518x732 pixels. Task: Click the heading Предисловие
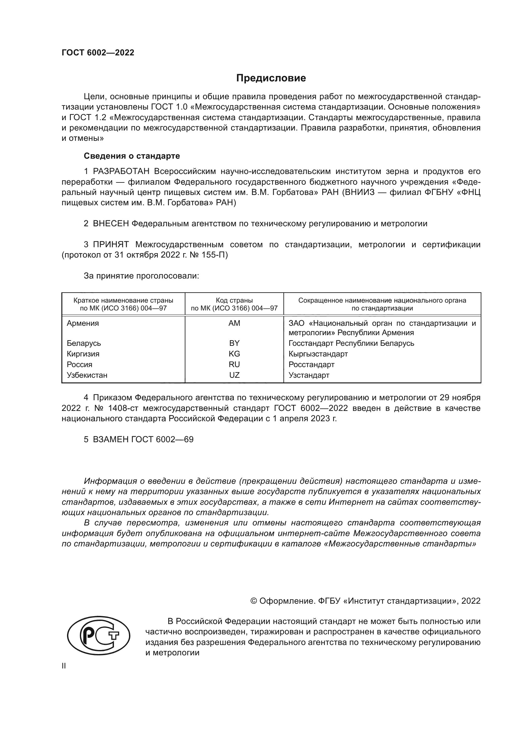(x=271, y=78)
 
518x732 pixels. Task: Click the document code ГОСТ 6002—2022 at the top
(x=98, y=53)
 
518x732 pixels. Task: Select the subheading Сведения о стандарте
(x=132, y=156)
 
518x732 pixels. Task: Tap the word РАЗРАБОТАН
(x=121, y=171)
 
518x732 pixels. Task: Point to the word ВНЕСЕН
(x=111, y=223)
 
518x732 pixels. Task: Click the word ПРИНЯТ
(x=111, y=244)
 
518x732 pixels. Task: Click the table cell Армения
(x=83, y=323)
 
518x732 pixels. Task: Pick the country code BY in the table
(x=234, y=343)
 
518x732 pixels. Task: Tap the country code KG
(x=234, y=354)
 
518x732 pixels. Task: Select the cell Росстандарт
(x=311, y=364)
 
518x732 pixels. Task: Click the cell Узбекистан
(x=87, y=375)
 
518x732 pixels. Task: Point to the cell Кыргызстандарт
(x=318, y=354)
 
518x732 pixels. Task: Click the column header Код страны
(x=234, y=300)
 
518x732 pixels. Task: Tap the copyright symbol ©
(x=254, y=601)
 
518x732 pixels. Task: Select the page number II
(x=64, y=666)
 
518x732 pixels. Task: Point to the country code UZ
(x=234, y=375)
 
